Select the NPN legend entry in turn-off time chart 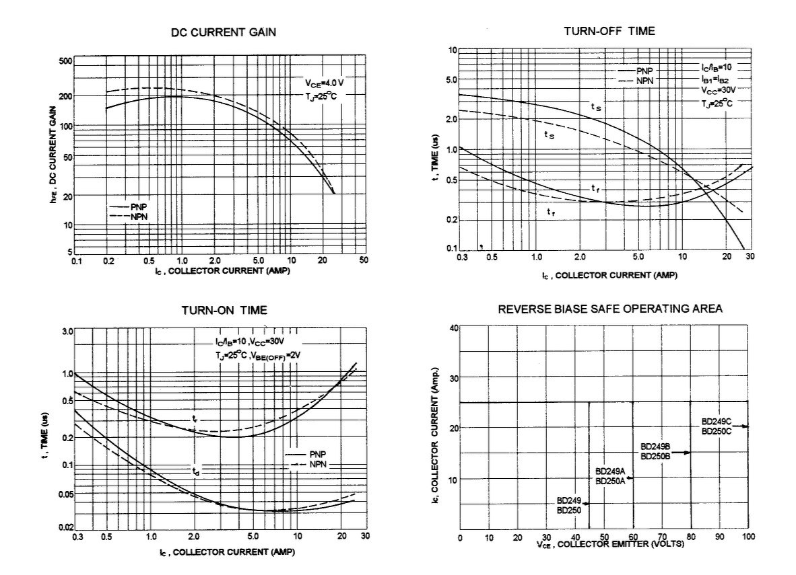tap(643, 81)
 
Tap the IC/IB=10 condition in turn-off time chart tap(715, 68)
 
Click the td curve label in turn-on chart tap(195, 473)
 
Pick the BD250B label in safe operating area tap(656, 457)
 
